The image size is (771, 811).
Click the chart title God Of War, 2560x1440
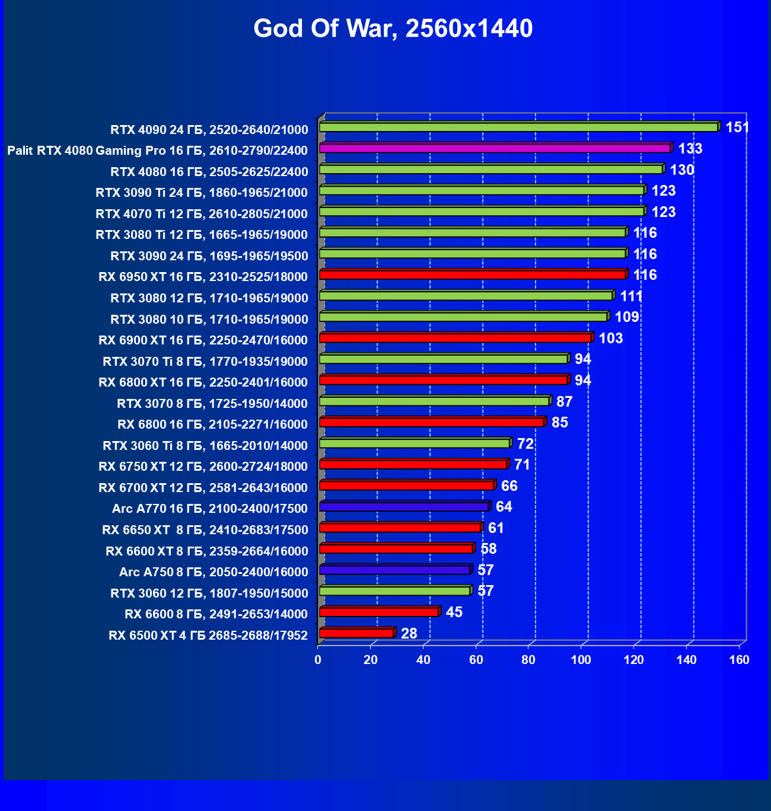tap(393, 28)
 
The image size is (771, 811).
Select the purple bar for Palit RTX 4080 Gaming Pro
tap(495, 148)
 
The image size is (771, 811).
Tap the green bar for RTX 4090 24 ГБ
tap(519, 127)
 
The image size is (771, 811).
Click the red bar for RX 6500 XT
tap(356, 633)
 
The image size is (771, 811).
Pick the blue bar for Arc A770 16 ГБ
tap(404, 507)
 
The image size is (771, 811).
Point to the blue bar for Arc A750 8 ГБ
tap(395, 570)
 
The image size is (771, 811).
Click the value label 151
tap(737, 127)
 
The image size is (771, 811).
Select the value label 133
tap(690, 149)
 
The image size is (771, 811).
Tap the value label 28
tap(409, 634)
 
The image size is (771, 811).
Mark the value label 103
tap(611, 339)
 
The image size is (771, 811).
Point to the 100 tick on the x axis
tap(581, 660)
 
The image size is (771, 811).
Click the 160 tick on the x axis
tap(739, 660)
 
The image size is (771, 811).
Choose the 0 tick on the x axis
tap(318, 660)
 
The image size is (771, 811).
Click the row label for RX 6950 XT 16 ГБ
tap(203, 277)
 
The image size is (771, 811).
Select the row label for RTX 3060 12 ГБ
tap(209, 593)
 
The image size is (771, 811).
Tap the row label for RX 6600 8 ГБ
tap(216, 614)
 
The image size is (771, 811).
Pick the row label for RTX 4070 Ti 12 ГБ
tap(201, 214)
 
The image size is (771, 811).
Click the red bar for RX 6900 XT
tap(455, 338)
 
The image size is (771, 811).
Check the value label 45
tap(454, 612)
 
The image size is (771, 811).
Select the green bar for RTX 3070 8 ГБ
tap(435, 401)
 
